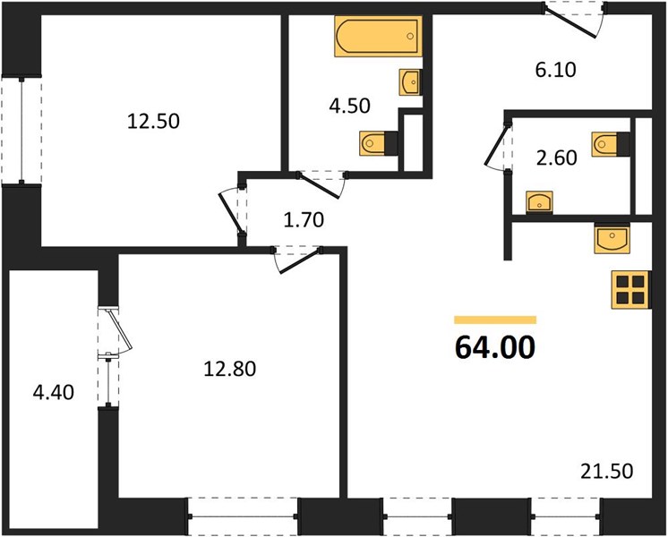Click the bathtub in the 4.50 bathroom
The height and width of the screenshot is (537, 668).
click(x=378, y=36)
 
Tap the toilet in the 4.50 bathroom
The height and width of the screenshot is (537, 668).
click(x=378, y=143)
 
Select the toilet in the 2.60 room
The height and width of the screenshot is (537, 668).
click(x=611, y=144)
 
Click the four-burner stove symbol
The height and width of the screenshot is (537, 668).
click(x=631, y=290)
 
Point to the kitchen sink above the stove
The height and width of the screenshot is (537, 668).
click(x=612, y=240)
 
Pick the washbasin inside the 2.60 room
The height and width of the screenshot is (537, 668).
click(x=539, y=202)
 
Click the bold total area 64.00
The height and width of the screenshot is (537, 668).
click(x=495, y=347)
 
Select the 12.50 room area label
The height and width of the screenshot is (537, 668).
click(x=153, y=122)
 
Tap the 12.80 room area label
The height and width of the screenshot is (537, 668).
click(x=230, y=369)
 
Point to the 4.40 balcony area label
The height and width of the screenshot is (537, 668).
click(x=53, y=392)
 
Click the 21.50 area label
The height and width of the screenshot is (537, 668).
click(x=606, y=472)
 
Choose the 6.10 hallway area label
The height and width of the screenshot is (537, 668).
click(x=555, y=70)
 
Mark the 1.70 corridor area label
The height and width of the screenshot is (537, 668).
click(x=304, y=220)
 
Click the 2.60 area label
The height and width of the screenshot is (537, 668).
click(x=557, y=158)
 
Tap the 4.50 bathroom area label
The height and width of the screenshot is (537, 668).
click(x=350, y=106)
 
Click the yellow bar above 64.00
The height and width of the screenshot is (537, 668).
click(x=495, y=320)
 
